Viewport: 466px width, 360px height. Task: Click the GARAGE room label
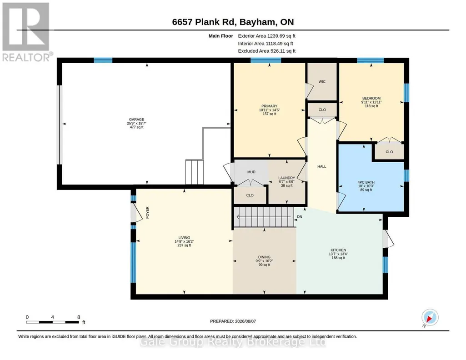pos(136,120)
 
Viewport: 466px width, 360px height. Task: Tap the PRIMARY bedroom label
pos(269,106)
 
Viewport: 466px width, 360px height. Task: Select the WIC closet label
pos(322,82)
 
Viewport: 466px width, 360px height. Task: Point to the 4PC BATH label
pos(366,182)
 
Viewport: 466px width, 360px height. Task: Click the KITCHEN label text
pos(338,250)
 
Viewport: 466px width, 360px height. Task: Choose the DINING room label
pos(264,257)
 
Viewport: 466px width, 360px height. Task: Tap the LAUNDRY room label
pos(286,178)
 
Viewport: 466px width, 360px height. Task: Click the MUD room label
pos(251,172)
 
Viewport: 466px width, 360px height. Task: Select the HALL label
pos(321,167)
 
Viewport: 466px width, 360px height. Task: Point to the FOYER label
pos(147,213)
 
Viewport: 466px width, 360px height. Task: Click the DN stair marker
pos(300,217)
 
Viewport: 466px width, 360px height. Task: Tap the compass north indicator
pos(430,318)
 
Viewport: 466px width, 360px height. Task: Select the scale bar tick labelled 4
pos(52,317)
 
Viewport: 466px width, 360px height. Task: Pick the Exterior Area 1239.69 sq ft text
pos(266,36)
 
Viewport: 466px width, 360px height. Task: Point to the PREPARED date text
pos(233,321)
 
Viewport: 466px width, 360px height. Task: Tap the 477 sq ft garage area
pos(136,127)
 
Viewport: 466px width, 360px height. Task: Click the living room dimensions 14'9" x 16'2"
pos(184,241)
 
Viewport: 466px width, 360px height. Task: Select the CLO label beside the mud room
pos(250,195)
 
